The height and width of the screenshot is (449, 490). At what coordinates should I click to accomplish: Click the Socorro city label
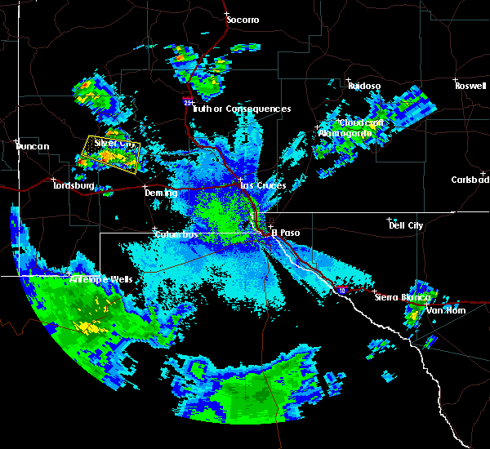tap(243, 19)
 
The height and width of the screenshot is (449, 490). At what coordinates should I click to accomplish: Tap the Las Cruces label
tap(263, 185)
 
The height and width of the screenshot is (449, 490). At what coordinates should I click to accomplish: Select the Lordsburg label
tap(74, 186)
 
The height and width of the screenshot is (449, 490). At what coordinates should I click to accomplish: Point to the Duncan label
tap(33, 147)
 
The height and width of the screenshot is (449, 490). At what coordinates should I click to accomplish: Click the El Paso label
tap(285, 233)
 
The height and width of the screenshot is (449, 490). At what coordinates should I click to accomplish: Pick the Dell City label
tap(408, 224)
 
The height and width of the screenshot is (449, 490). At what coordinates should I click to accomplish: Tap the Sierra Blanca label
tap(397, 297)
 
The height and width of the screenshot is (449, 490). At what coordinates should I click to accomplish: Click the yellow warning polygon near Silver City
tap(112, 153)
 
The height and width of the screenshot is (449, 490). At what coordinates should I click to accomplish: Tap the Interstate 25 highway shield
tap(189, 103)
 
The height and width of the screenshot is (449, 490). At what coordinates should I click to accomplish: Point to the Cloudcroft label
tap(363, 122)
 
